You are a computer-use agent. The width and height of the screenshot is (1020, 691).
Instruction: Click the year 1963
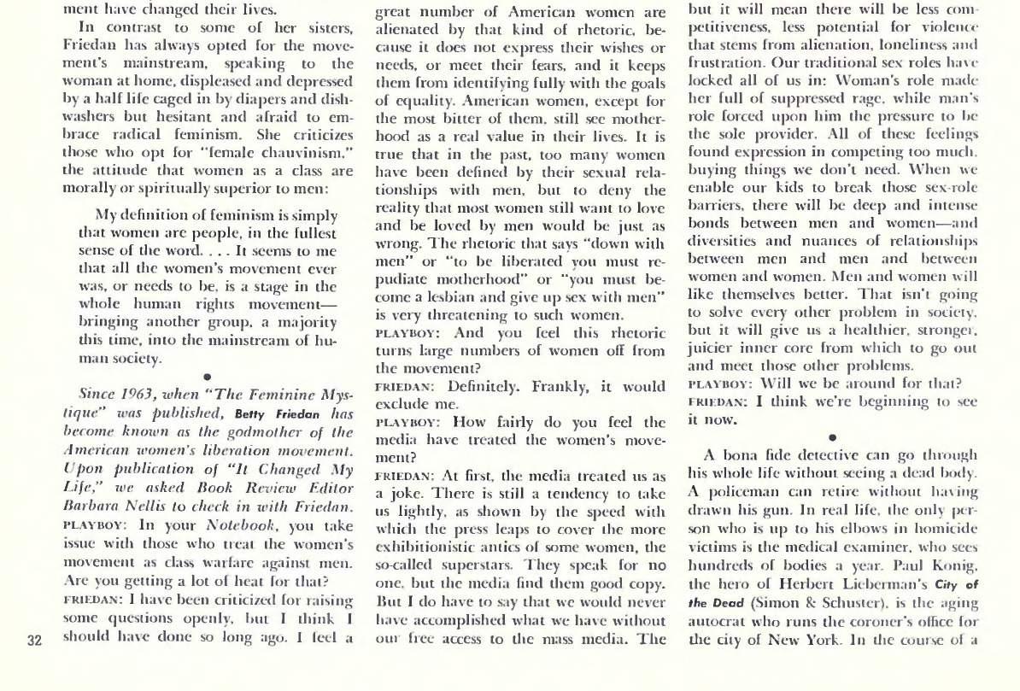click(135, 395)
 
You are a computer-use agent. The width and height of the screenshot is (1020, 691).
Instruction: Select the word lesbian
click(463, 296)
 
